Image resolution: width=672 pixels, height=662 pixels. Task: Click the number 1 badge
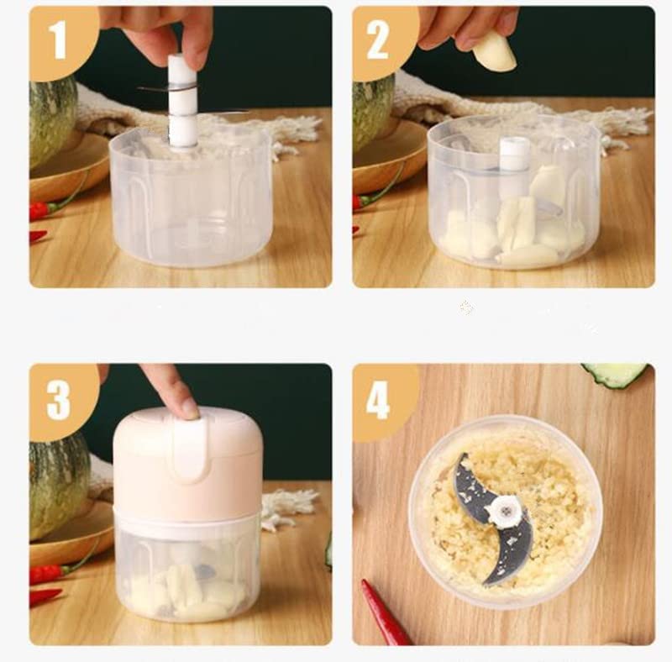tap(59, 39)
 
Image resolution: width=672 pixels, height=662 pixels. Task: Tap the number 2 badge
tap(380, 39)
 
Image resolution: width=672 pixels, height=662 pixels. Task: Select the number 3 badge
tap(59, 400)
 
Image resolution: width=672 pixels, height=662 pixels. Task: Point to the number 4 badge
tap(380, 400)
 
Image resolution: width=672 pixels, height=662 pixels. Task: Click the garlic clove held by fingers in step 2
tap(494, 51)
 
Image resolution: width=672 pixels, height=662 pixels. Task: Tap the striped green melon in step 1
tap(52, 122)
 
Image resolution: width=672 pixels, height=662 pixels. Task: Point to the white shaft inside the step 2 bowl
tap(514, 164)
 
